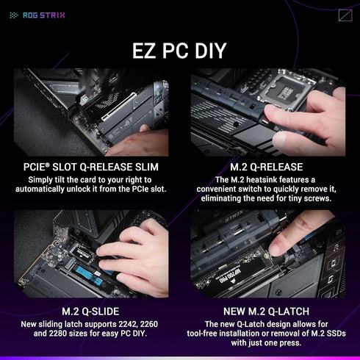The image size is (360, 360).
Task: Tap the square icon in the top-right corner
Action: (345, 15)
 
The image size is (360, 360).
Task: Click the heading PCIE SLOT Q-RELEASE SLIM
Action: (90, 167)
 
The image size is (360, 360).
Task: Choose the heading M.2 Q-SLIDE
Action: (90, 312)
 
